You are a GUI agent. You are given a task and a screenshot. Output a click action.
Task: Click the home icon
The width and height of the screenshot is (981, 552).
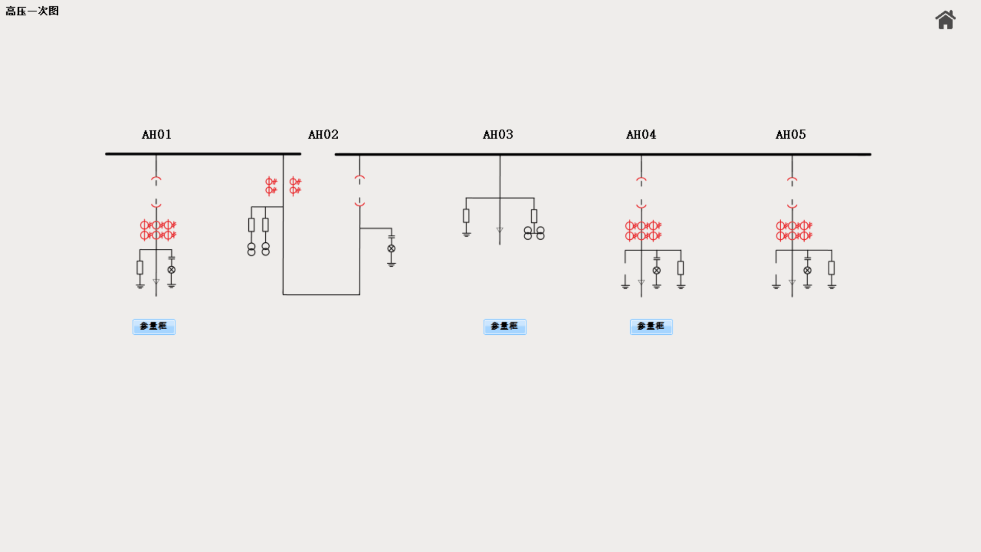(x=945, y=20)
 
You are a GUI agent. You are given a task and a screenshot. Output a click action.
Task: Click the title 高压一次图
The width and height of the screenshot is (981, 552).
(x=32, y=11)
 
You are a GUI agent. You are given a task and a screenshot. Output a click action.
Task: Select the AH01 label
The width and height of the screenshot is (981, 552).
(x=156, y=134)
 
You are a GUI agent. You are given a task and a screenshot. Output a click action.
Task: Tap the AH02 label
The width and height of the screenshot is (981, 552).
(x=323, y=134)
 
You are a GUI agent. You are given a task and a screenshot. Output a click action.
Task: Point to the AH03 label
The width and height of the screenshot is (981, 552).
(x=498, y=134)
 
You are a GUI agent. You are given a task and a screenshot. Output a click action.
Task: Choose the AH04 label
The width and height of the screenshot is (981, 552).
(x=641, y=134)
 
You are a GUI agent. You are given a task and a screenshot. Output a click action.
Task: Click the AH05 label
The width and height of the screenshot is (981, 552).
(x=790, y=134)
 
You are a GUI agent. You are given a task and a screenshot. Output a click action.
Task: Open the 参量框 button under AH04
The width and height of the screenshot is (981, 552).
(x=651, y=327)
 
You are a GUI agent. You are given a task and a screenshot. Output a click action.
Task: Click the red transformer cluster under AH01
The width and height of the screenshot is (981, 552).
(x=158, y=230)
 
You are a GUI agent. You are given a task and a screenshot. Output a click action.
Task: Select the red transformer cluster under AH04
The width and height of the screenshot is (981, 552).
(x=643, y=231)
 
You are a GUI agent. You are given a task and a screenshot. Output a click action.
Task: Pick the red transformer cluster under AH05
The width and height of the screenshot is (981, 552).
(x=793, y=231)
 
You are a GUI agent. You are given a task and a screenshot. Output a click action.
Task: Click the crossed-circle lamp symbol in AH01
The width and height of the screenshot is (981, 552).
(x=172, y=269)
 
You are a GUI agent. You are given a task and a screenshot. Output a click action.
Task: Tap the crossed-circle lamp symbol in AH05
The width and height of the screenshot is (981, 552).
(x=807, y=270)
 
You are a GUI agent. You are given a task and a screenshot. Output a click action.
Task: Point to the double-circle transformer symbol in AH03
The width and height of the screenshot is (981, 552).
(x=534, y=233)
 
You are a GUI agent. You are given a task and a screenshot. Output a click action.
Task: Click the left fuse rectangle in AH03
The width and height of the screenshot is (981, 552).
(x=466, y=216)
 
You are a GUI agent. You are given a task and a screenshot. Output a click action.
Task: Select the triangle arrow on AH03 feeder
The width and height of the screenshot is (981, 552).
(x=500, y=231)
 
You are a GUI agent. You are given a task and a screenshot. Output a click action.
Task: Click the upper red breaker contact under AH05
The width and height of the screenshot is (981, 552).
(x=792, y=180)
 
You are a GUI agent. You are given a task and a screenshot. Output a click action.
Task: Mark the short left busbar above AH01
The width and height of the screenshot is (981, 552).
(x=203, y=153)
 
